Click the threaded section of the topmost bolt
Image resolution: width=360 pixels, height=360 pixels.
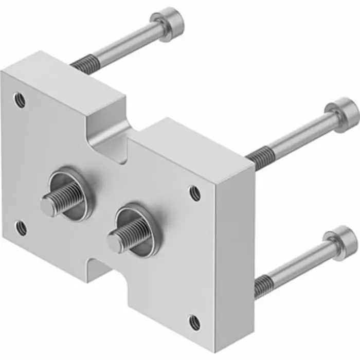point(84,64)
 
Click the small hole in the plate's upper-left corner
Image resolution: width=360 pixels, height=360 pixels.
point(20,99)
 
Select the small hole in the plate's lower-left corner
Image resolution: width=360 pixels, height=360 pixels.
point(21,227)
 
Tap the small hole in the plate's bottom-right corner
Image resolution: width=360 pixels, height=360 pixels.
point(194,322)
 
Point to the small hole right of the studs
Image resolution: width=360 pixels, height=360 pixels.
point(195,193)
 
